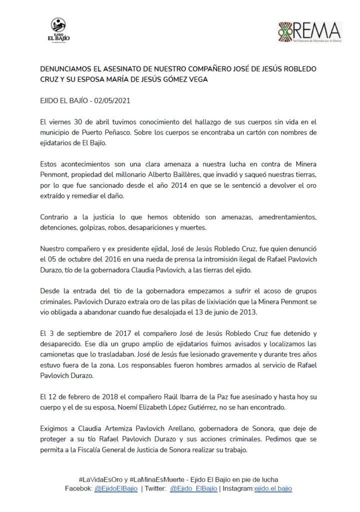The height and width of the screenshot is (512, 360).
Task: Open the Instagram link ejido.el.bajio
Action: tap(273, 488)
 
